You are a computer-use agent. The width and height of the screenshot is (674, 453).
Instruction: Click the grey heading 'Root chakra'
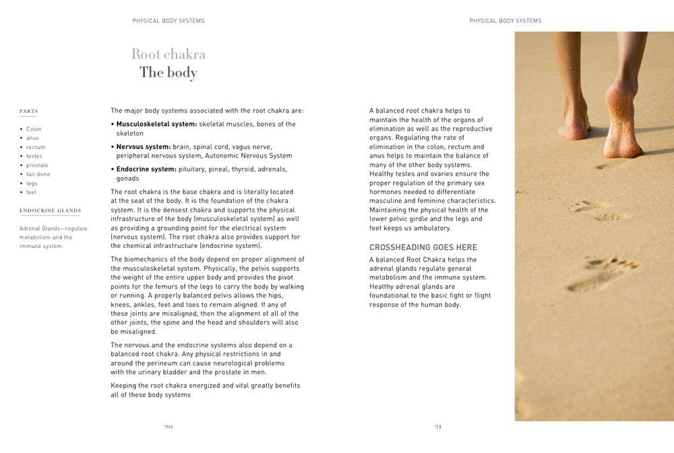[x=168, y=54]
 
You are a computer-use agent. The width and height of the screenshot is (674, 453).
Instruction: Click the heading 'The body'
[x=168, y=72]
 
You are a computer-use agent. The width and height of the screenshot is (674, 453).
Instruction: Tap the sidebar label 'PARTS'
[x=28, y=111]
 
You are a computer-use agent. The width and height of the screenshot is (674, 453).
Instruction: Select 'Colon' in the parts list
[x=34, y=129]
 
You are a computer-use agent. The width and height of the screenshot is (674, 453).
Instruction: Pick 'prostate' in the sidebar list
[x=37, y=165]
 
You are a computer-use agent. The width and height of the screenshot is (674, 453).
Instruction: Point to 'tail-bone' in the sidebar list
[x=38, y=174]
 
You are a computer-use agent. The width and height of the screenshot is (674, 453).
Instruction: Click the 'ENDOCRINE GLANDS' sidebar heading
[x=50, y=210]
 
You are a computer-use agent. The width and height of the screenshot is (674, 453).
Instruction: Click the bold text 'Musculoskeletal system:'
[x=156, y=124]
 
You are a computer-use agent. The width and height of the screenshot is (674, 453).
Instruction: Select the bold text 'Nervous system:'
[x=144, y=146]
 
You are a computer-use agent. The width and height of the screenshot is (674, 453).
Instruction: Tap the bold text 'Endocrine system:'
[x=146, y=169]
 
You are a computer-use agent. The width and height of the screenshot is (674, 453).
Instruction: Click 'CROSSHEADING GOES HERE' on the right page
[x=423, y=247]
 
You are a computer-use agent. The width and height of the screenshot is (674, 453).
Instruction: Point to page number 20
[x=168, y=426]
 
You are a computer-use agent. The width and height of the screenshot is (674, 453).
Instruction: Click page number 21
[x=438, y=426]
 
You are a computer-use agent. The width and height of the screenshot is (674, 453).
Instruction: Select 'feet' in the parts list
[x=32, y=192]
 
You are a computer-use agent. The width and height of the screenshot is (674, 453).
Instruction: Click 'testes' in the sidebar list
[x=34, y=156]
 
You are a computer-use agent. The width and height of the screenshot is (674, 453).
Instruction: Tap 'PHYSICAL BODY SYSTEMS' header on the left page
[x=168, y=21]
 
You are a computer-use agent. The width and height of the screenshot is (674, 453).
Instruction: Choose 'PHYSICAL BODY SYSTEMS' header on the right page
[x=506, y=21]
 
